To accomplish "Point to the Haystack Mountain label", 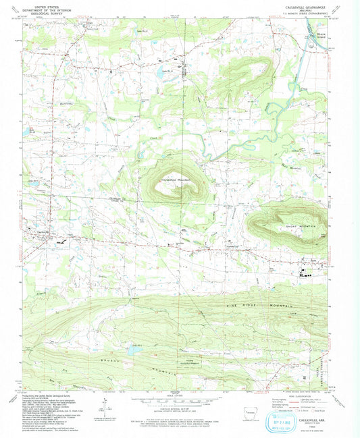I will pyautogui.click(x=168, y=180).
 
